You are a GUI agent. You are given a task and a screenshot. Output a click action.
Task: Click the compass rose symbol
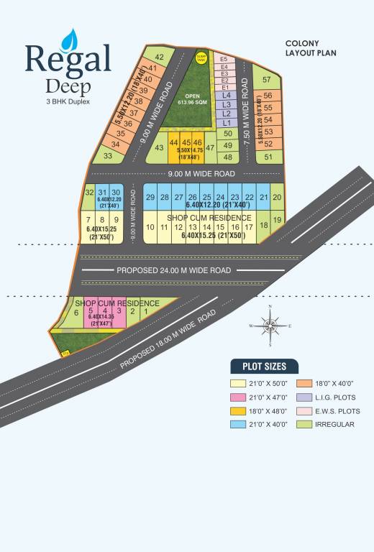click(x=270, y=326)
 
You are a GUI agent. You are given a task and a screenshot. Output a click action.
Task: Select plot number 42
click(x=160, y=57)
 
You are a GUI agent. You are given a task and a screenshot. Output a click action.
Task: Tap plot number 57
click(x=267, y=80)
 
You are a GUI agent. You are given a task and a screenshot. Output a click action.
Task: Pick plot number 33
click(x=108, y=155)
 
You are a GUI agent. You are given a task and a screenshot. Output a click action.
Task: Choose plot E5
click(x=224, y=59)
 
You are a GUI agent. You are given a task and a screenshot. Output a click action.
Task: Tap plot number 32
click(x=89, y=192)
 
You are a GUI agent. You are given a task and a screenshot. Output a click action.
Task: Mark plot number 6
click(x=76, y=313)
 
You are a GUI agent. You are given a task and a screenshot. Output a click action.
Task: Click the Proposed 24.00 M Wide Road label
click(x=173, y=270)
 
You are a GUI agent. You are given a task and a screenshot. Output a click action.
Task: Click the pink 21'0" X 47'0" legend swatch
click(x=238, y=397)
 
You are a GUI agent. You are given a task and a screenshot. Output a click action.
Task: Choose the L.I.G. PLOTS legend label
click(x=335, y=397)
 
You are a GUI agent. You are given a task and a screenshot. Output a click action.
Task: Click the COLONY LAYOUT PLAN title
click(x=311, y=48)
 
